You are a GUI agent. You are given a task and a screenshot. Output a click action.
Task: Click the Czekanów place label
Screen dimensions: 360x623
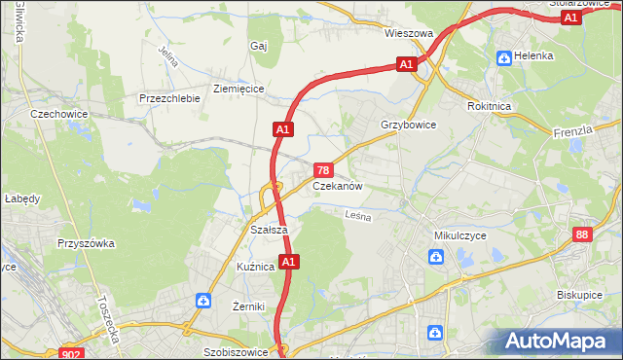coord(338,186)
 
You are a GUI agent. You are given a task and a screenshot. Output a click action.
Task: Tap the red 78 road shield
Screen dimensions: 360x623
coord(323,169)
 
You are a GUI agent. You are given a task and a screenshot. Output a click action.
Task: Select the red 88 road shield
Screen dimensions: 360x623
coord(582,234)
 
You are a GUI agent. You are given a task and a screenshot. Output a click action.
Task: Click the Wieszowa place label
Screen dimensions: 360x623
coord(408,33)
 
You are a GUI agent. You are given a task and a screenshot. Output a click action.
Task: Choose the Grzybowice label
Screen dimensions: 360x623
coord(408,126)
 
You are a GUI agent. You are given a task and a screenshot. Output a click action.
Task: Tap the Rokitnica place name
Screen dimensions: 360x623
coord(489,108)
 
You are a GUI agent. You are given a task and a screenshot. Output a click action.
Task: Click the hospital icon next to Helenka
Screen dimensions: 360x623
coord(504,56)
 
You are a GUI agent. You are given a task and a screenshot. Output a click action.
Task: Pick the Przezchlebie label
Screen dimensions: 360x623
coord(169,98)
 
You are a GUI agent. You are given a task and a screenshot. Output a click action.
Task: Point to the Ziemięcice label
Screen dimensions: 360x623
coord(238,88)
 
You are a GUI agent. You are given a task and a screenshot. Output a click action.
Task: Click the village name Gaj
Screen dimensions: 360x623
coord(258,46)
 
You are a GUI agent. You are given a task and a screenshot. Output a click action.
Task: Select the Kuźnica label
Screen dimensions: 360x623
coord(255,266)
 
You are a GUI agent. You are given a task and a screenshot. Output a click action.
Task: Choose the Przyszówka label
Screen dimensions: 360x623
coord(87,244)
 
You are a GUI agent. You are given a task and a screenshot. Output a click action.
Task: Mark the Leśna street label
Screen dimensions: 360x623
coord(358,218)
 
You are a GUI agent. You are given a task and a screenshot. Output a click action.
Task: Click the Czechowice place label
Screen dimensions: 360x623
coord(59,114)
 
